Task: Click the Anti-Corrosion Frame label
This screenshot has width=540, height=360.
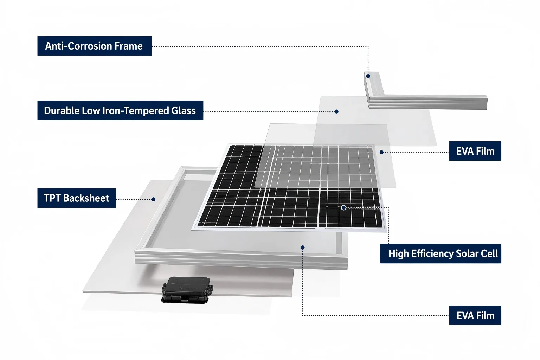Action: (95, 46)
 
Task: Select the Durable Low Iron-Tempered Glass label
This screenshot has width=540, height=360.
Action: (120, 110)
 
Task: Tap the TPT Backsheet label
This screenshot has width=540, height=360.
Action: (77, 198)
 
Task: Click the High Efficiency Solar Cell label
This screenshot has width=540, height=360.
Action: (441, 253)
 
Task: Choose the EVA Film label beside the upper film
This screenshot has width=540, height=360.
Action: (475, 151)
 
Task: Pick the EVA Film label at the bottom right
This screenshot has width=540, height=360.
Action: (475, 315)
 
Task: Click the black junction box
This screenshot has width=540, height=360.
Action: (187, 290)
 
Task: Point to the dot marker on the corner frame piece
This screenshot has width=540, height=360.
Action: (368, 76)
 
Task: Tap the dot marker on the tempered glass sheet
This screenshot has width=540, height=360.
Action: (336, 111)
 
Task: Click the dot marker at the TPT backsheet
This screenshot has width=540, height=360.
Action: (153, 199)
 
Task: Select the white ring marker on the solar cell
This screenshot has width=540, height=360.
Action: (343, 208)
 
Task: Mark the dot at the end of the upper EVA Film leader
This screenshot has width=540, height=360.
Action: (381, 152)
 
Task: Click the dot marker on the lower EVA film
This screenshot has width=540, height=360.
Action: (303, 247)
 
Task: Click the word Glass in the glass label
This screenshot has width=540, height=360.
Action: (184, 111)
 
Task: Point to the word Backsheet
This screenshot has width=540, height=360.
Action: (86, 198)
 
